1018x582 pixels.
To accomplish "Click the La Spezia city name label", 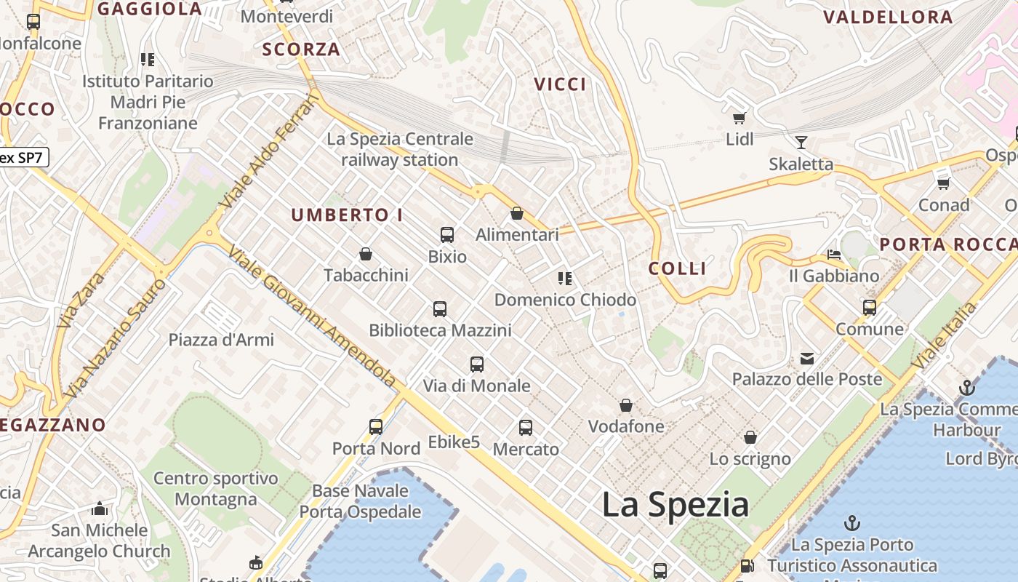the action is pos(675,505).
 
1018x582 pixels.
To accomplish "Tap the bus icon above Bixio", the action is pos(447,235).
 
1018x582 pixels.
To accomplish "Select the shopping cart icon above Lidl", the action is pos(740,117).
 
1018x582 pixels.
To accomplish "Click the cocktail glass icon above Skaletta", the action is pos(801,143).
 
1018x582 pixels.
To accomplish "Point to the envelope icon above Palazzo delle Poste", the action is pos(807,358).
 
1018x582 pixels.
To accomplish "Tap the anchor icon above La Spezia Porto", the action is pos(851,523).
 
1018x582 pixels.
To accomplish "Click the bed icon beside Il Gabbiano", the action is pos(834,255).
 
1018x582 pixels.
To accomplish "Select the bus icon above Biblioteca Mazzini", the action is pos(440,309).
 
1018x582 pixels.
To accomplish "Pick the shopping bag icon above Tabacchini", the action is pos(366,254).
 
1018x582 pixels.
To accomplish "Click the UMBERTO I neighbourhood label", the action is pos(347,215).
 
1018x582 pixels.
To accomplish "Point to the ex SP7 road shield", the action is pos(23,157).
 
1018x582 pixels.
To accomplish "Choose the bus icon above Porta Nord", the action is pos(376,427).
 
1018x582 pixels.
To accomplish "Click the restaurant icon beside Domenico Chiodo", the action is pos(565,279).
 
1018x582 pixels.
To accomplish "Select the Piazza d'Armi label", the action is pos(221,340).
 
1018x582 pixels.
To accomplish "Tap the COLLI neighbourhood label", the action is pos(677,268).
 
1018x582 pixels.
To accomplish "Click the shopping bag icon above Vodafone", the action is pos(626,405).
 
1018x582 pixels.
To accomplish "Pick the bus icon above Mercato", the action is pos(526,428).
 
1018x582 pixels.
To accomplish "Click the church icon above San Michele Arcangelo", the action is pos(100,509).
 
